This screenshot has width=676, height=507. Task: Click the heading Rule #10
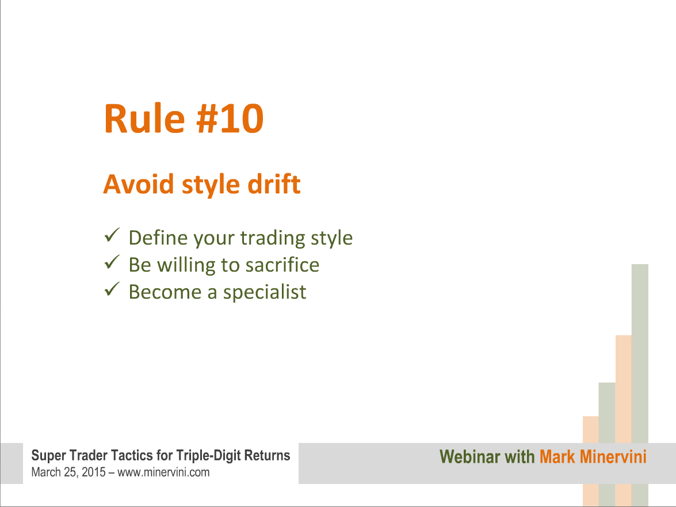[184, 119]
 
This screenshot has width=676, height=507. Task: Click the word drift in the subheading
[274, 184]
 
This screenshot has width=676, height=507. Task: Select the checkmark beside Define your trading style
[112, 235]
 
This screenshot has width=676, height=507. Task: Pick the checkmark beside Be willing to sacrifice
[112, 262]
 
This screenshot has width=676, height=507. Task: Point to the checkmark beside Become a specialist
[112, 289]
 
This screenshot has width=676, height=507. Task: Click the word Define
[158, 238]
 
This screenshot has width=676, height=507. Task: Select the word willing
[186, 265]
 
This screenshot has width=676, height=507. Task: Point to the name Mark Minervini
[593, 456]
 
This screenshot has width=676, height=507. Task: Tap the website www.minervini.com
[163, 472]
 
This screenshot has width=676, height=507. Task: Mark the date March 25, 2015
[68, 472]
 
